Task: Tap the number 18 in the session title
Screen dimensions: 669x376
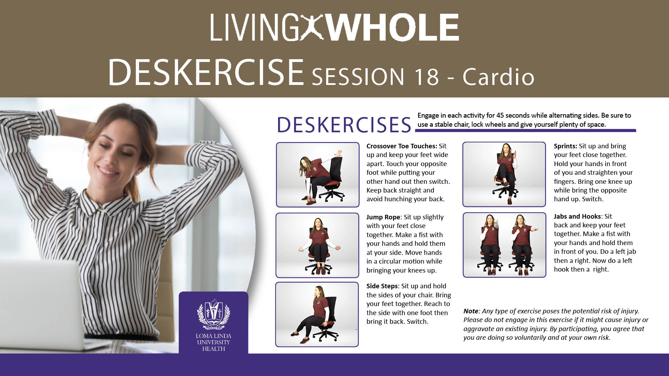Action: click(426, 76)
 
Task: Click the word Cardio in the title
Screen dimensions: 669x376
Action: click(498, 76)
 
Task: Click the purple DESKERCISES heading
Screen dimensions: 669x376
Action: click(344, 125)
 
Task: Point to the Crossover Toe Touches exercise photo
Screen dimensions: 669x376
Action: click(317, 175)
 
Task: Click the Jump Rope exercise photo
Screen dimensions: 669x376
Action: click(317, 245)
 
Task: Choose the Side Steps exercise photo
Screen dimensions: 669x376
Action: click(317, 314)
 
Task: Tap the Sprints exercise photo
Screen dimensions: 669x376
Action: click(504, 174)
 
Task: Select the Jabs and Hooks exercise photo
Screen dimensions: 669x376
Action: click(504, 245)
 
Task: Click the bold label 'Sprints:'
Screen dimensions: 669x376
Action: click(566, 146)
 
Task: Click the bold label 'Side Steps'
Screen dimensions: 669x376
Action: click(382, 286)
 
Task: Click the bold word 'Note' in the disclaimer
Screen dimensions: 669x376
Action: click(471, 311)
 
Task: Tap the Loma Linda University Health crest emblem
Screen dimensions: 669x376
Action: click(214, 314)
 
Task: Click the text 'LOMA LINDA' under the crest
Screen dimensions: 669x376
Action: click(214, 336)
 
